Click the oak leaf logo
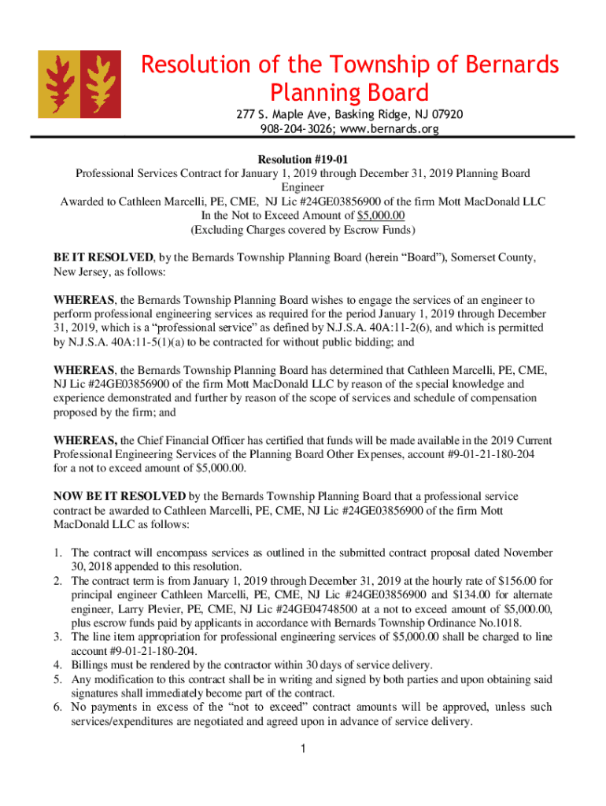pyautogui.click(x=79, y=84)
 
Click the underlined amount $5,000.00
pyautogui.click(x=381, y=216)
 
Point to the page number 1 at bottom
pyautogui.click(x=303, y=749)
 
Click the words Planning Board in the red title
pyautogui.click(x=349, y=91)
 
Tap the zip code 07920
pyautogui.click(x=445, y=115)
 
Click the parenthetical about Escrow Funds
pyautogui.click(x=303, y=230)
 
